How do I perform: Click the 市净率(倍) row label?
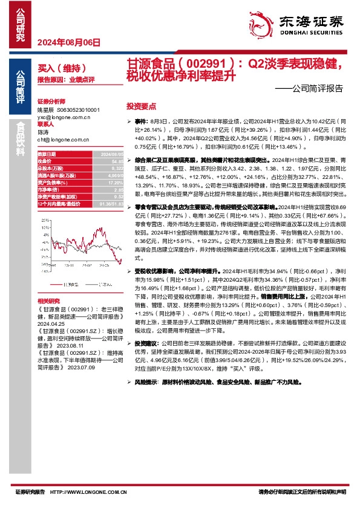49,189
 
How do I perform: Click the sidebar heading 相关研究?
48,300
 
